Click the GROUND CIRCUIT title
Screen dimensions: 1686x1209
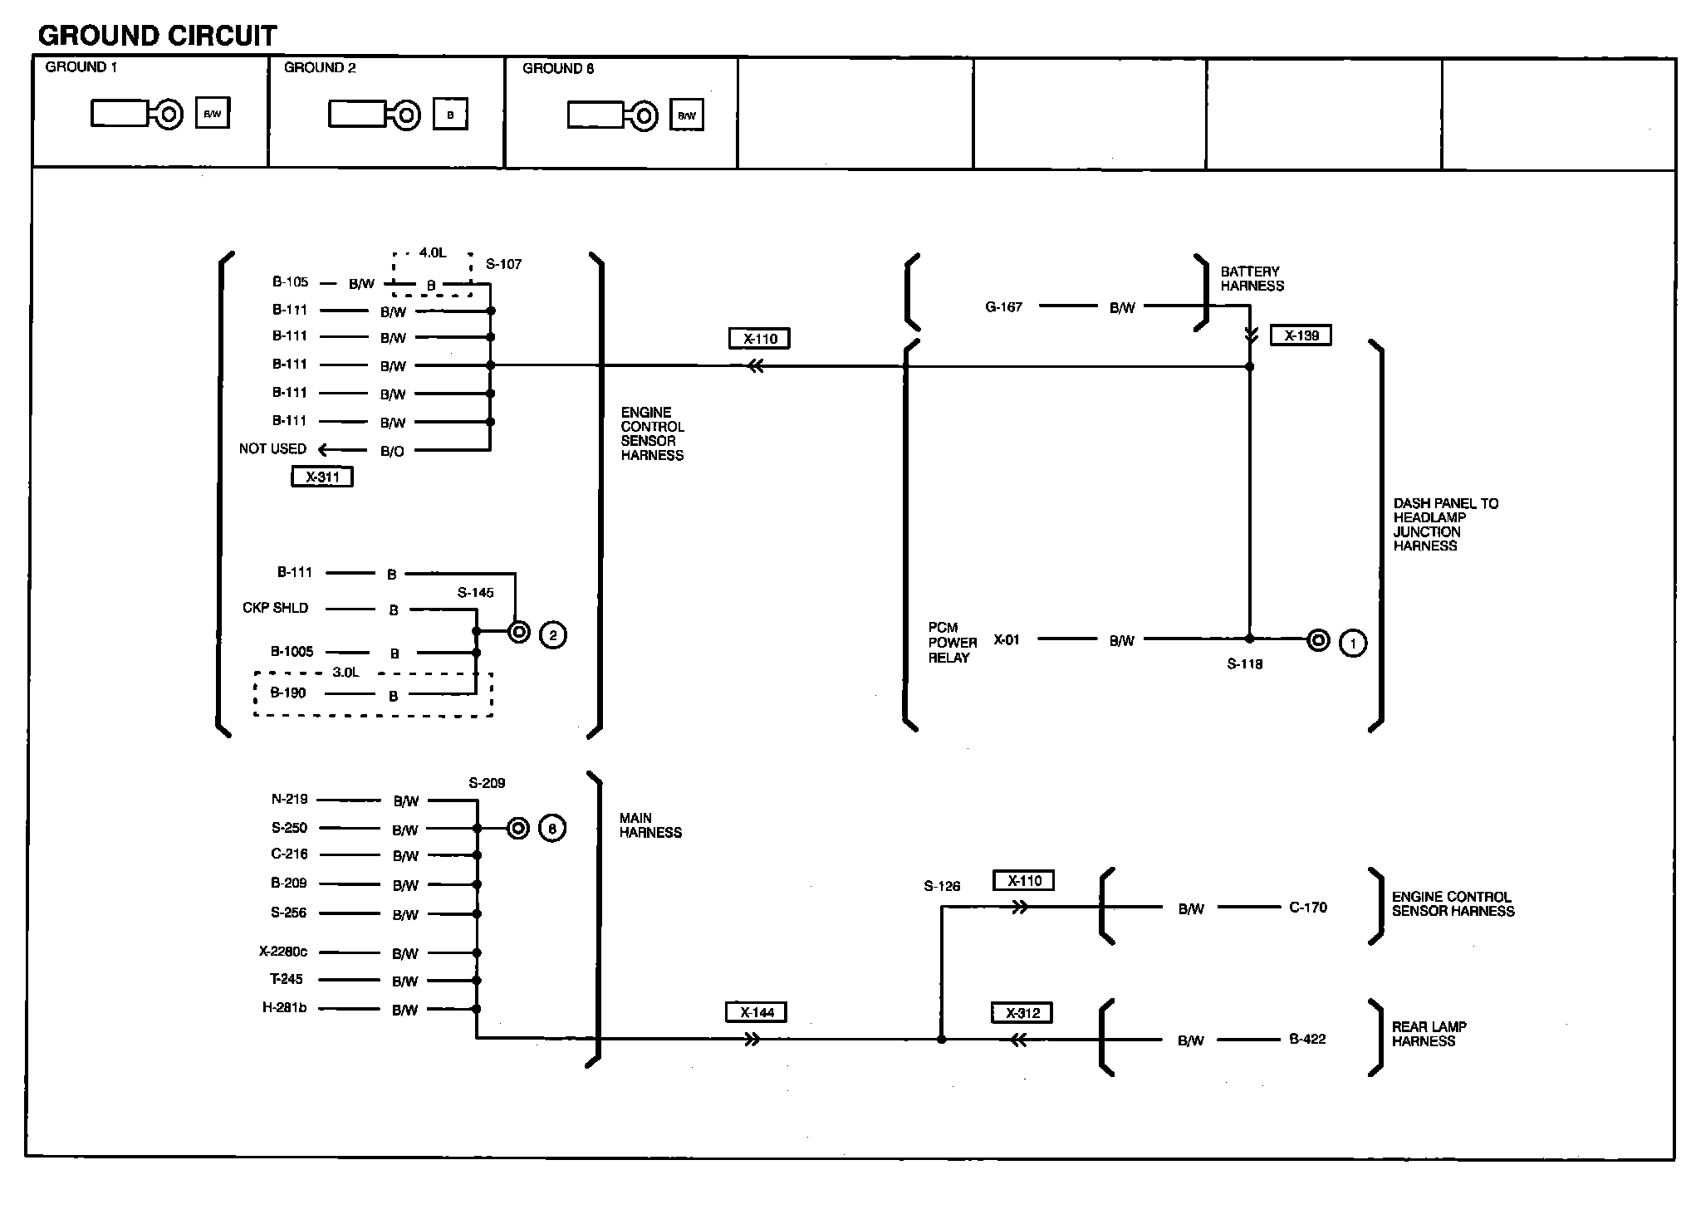157,36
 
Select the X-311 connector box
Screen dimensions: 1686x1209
322,477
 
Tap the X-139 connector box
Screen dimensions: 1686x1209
1301,335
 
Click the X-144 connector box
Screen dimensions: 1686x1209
757,1012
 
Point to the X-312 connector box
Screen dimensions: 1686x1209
1022,1013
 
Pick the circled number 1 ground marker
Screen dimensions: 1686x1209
1353,643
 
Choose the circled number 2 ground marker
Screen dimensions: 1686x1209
553,636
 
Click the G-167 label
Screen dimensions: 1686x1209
1003,307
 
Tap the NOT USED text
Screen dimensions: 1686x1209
272,449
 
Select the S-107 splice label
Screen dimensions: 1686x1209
504,265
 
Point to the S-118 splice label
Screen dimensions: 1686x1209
1245,664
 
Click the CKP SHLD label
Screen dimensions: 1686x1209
275,608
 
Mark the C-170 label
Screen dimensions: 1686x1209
1308,908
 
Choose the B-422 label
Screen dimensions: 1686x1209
1307,1039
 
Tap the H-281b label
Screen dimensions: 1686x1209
284,1008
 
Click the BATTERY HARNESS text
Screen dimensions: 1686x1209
1252,279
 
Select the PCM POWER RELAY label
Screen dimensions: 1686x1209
952,643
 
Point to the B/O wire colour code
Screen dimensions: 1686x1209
392,452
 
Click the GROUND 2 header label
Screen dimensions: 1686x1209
320,68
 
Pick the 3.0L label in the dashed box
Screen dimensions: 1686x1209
346,673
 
